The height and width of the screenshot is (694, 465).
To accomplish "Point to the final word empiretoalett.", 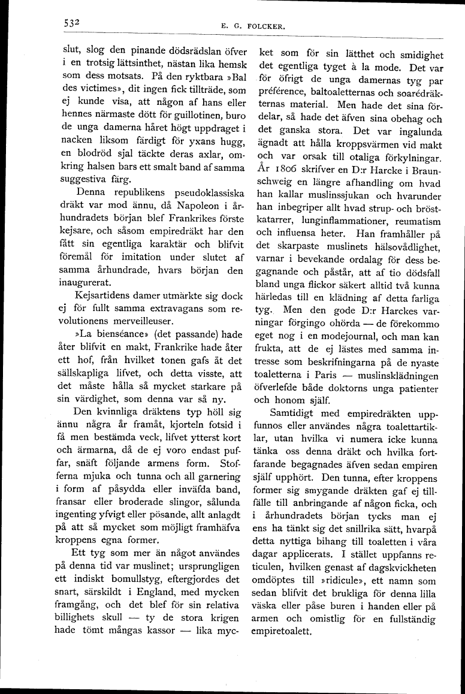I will coord(287,632).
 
